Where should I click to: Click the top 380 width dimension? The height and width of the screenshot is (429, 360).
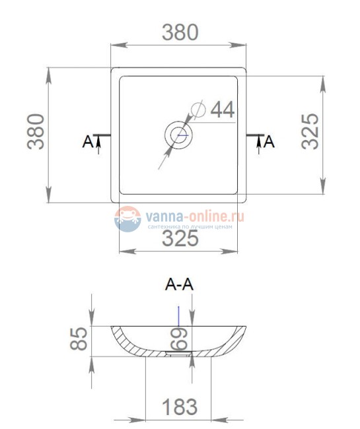coord(180,32)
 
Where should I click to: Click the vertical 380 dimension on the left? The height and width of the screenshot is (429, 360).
coord(36,131)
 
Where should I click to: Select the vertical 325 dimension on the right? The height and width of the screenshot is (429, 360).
coord(310,131)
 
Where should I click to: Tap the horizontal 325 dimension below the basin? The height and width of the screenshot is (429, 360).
coord(180,238)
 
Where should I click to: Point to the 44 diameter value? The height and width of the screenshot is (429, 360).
coord(223,110)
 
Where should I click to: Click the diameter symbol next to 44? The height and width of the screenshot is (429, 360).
coord(198,110)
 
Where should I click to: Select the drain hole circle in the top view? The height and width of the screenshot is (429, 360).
coord(179,135)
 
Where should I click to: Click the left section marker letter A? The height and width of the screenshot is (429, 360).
coord(88,141)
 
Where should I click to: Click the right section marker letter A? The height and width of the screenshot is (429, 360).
coord(269,141)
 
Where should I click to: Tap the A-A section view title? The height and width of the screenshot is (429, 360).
coord(179,284)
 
